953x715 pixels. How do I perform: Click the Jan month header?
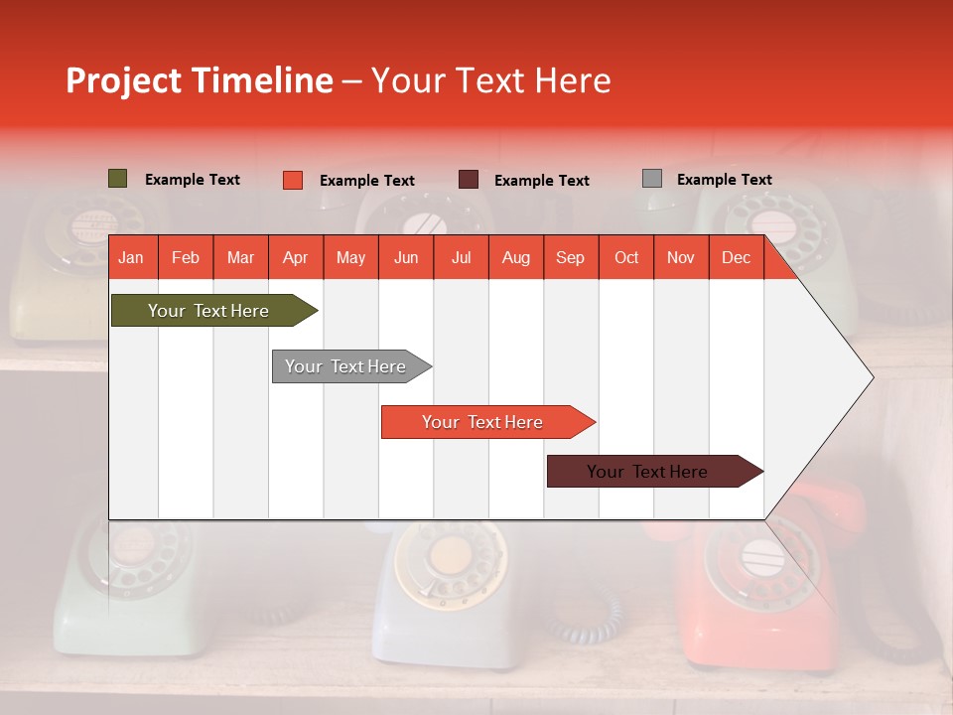tap(131, 257)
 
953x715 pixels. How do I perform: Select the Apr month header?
tap(295, 257)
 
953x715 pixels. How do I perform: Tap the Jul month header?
tap(461, 257)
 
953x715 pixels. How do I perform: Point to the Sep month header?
tap(570, 257)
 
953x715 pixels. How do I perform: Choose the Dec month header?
tap(736, 257)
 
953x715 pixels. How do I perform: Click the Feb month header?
tap(186, 257)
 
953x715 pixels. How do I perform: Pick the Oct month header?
tap(626, 257)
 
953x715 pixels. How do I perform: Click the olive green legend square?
tap(117, 179)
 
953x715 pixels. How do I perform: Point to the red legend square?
tap(292, 180)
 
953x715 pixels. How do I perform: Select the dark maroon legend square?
tap(469, 180)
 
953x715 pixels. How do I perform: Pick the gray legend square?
tap(651, 179)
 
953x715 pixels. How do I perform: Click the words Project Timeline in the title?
tap(200, 80)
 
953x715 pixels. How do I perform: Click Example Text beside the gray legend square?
tap(724, 180)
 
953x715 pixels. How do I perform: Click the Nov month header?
tap(681, 257)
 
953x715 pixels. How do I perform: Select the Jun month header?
tap(406, 257)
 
